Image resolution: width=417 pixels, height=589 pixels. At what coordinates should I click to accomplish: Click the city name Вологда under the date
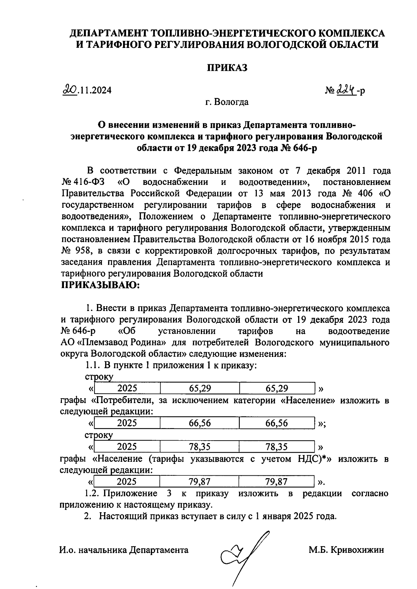[231, 102]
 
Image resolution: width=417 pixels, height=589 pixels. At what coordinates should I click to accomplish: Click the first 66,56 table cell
[200, 423]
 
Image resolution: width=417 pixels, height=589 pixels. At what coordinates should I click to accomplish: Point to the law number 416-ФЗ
[84, 182]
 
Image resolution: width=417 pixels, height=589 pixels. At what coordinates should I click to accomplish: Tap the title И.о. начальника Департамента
[124, 550]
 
